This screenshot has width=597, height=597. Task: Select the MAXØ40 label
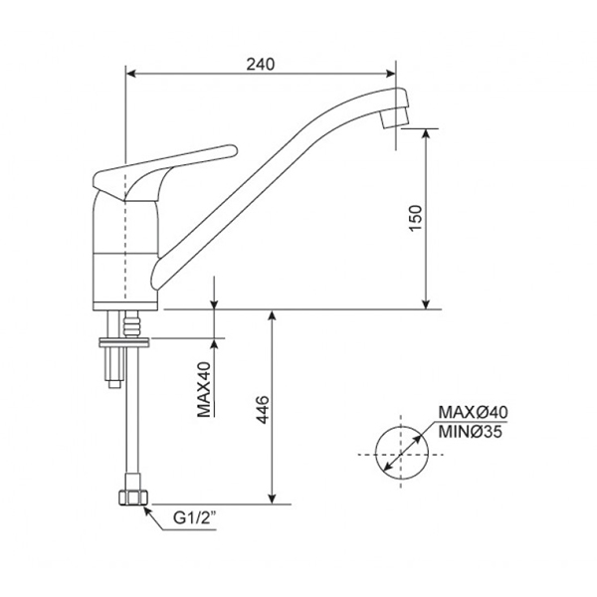472,412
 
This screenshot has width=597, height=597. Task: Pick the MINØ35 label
472,430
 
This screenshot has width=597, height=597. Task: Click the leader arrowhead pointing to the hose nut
146,510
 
